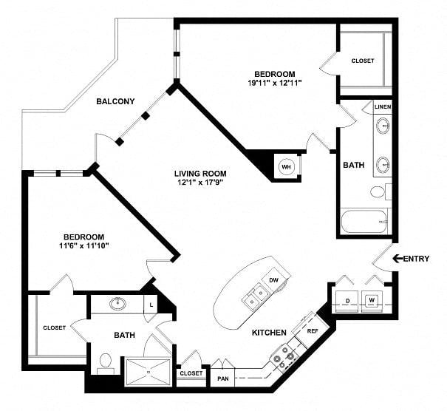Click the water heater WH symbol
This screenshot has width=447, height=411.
pyautogui.click(x=286, y=167)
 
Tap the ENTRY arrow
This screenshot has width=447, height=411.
pyautogui.click(x=398, y=259)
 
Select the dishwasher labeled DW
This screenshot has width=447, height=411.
pyautogui.click(x=273, y=279)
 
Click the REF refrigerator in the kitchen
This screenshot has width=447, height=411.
pyautogui.click(x=311, y=331)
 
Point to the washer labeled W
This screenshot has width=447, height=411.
pyautogui.click(x=372, y=301)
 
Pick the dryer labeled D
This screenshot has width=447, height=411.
pyautogui.click(x=347, y=301)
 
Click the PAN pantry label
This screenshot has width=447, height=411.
pyautogui.click(x=223, y=378)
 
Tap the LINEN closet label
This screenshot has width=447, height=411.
pyautogui.click(x=383, y=107)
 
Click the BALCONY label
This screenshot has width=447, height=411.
pyautogui.click(x=115, y=101)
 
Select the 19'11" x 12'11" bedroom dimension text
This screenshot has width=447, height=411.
pyautogui.click(x=275, y=83)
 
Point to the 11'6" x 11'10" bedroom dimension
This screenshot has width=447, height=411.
pyautogui.click(x=84, y=245)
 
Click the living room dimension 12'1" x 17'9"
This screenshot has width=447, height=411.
pyautogui.click(x=200, y=183)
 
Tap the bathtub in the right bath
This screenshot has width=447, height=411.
pyautogui.click(x=364, y=222)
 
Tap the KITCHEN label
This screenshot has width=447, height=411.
pyautogui.click(x=269, y=333)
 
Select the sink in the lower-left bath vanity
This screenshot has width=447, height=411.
pyautogui.click(x=117, y=304)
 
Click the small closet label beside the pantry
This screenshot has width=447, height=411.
pyautogui.click(x=191, y=373)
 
